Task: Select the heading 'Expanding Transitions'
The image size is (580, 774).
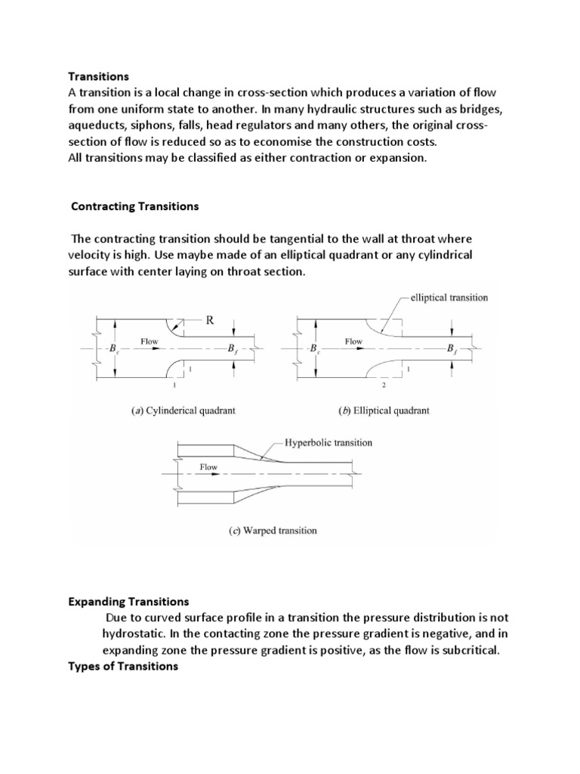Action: tap(128, 602)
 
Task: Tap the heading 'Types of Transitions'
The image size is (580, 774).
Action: tap(122, 667)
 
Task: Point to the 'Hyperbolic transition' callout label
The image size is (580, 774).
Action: tap(329, 442)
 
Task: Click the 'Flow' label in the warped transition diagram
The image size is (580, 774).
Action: tap(208, 467)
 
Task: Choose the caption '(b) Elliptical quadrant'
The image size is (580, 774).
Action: tap(384, 411)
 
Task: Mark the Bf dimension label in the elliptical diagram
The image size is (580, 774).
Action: tap(451, 350)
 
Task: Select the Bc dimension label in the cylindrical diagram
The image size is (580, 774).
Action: tap(115, 350)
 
